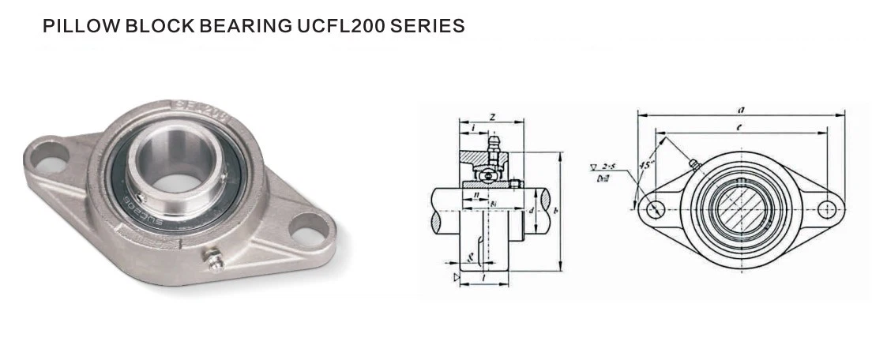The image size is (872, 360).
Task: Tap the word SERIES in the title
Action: tap(431, 26)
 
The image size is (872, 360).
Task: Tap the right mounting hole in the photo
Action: tap(305, 230)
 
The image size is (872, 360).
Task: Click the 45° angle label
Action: tap(648, 165)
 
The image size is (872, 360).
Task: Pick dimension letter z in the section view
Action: tap(492, 117)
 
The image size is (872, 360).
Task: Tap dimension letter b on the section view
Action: tap(557, 211)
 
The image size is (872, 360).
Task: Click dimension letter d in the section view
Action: tap(532, 211)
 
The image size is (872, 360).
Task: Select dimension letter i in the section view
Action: tap(472, 127)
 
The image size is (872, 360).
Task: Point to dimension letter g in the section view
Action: tap(470, 256)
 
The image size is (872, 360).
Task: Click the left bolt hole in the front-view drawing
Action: tap(654, 208)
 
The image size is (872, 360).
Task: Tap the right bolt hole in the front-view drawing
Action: tap(826, 208)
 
